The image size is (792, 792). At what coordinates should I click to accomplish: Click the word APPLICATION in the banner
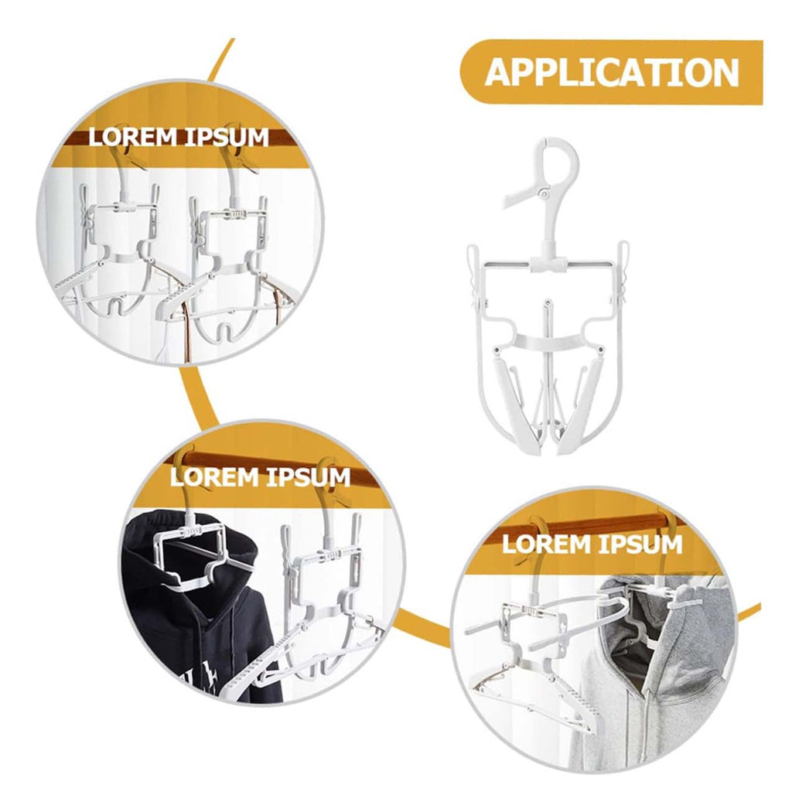pos(612,72)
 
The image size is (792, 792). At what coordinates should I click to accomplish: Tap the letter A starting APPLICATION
pos(500,73)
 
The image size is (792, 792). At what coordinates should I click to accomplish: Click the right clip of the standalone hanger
pos(623,267)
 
